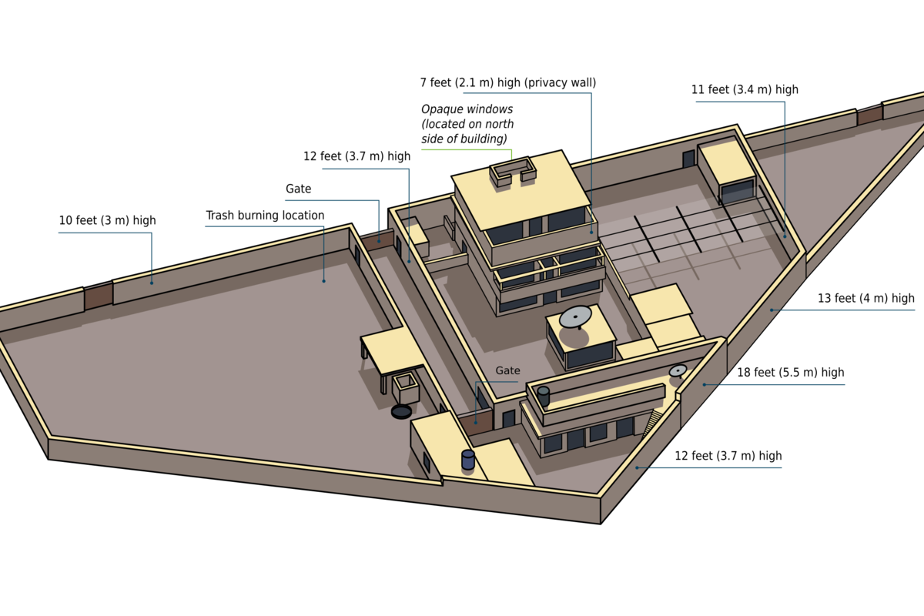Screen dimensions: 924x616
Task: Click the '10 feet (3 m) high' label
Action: (107, 220)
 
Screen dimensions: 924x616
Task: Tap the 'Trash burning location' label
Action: (265, 216)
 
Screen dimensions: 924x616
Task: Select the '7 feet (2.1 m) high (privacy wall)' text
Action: (507, 83)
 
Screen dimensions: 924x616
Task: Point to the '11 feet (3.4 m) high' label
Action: (745, 89)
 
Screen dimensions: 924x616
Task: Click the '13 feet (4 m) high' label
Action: (865, 298)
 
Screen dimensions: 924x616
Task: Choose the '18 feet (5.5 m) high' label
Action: (790, 372)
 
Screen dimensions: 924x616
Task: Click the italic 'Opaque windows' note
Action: (467, 109)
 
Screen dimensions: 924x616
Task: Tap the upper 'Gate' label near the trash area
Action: (298, 189)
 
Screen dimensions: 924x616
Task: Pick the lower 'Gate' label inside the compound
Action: (507, 370)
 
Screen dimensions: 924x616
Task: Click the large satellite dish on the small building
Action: (575, 317)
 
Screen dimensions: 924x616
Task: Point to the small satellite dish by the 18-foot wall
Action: (678, 370)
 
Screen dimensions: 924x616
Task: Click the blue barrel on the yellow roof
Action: (468, 460)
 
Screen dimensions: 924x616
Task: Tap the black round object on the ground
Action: (401, 411)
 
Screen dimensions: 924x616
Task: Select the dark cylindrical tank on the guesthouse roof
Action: (544, 396)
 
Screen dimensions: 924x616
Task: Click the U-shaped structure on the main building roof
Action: (513, 170)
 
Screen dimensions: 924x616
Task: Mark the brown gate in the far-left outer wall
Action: (99, 296)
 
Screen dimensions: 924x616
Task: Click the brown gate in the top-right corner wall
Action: (869, 115)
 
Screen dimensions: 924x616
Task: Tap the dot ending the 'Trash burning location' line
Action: (324, 281)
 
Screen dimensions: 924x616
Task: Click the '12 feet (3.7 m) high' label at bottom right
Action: (728, 456)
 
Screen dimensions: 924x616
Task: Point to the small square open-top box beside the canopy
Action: (406, 388)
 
